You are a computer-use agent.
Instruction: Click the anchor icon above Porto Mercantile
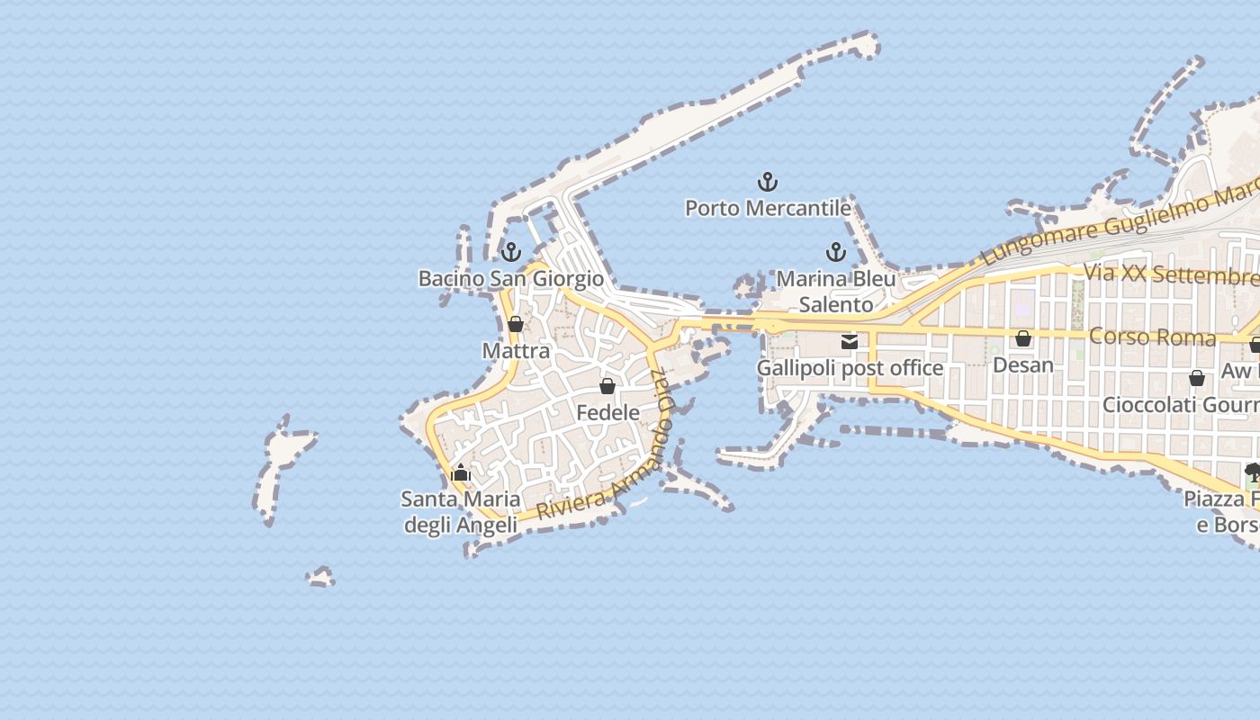(x=768, y=183)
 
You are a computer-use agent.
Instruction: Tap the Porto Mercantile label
(x=768, y=209)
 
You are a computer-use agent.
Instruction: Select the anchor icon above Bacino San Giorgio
(x=511, y=252)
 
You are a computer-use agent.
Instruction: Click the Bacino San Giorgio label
(x=511, y=279)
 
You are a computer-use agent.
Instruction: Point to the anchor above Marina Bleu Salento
(x=836, y=252)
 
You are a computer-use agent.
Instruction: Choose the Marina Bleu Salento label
(x=836, y=292)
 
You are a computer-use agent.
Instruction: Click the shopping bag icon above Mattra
(x=516, y=324)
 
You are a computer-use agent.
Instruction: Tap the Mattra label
(x=516, y=351)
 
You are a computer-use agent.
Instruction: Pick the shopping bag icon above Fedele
(x=607, y=386)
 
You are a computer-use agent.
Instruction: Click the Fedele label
(x=607, y=413)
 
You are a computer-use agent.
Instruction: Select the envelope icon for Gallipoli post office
(x=849, y=341)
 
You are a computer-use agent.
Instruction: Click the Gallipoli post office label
(x=850, y=368)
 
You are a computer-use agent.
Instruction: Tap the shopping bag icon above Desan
(x=1023, y=338)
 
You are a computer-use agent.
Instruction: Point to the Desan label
(x=1023, y=365)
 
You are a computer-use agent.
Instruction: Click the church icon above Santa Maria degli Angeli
(x=461, y=472)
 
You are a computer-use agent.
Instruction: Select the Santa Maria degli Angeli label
(x=461, y=512)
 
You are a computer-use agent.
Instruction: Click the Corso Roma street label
(x=1152, y=337)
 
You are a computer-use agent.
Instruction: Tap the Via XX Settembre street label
(x=1170, y=274)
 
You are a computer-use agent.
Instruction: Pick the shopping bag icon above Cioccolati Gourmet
(x=1197, y=378)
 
